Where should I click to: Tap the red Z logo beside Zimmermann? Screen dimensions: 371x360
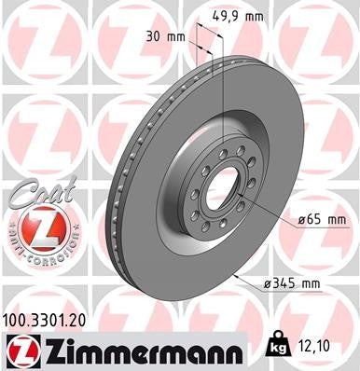pos(21,350)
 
